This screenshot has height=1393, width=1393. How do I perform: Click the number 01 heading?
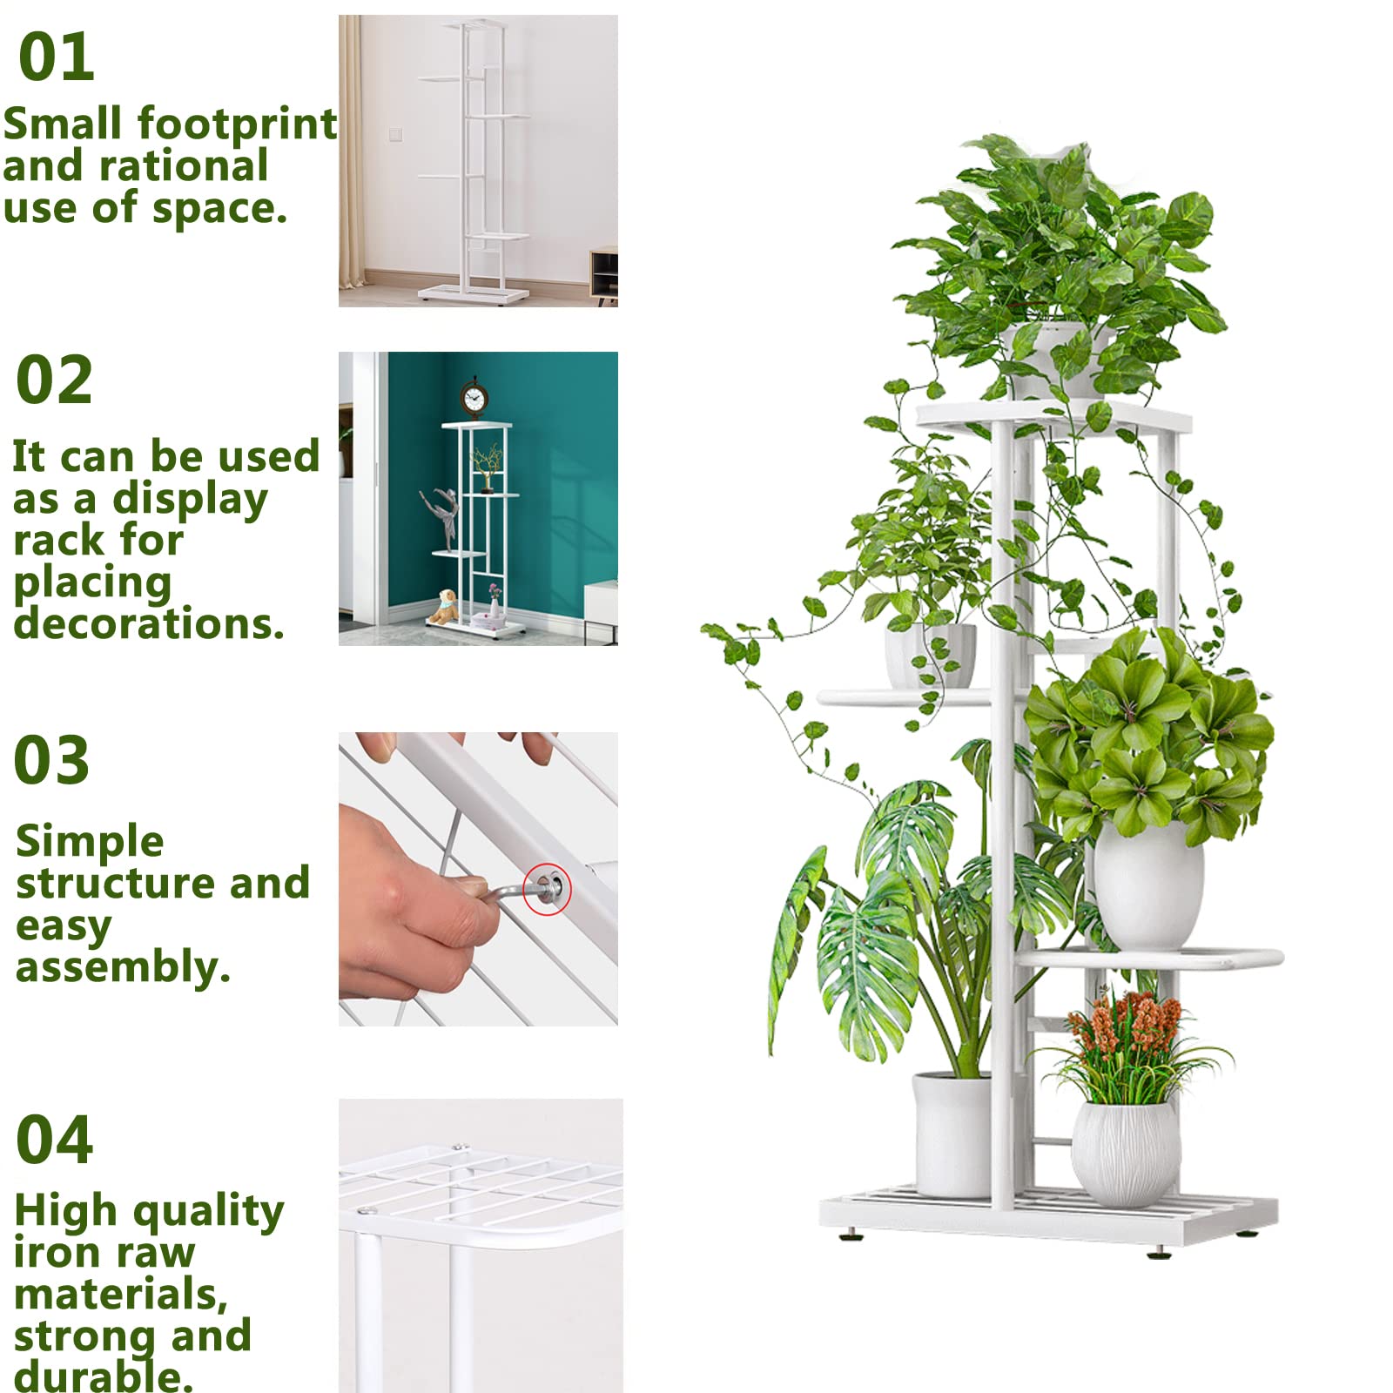pyautogui.click(x=56, y=57)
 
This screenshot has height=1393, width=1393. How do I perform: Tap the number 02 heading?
pyautogui.click(x=54, y=380)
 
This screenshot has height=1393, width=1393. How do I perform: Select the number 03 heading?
pyautogui.click(x=51, y=760)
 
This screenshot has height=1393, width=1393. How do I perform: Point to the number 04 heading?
pyautogui.click(x=54, y=1140)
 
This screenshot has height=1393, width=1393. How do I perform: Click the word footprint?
pyautogui.click(x=237, y=124)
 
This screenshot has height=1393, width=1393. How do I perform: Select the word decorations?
pyautogui.click(x=148, y=623)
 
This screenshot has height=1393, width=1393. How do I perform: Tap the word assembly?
pyautogui.click(x=122, y=966)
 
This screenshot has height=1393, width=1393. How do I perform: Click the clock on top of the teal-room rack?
pyautogui.click(x=474, y=399)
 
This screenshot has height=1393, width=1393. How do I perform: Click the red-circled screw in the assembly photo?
pyautogui.click(x=548, y=888)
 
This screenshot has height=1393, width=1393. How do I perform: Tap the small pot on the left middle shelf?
pyautogui.click(x=929, y=655)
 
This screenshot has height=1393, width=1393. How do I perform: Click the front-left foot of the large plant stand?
pyautogui.click(x=851, y=1234)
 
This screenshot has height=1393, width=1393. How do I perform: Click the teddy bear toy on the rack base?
pyautogui.click(x=445, y=607)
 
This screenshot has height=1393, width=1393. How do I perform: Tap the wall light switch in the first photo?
pyautogui.click(x=395, y=134)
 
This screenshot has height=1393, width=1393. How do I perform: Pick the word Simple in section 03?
pyautogui.click(x=90, y=841)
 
